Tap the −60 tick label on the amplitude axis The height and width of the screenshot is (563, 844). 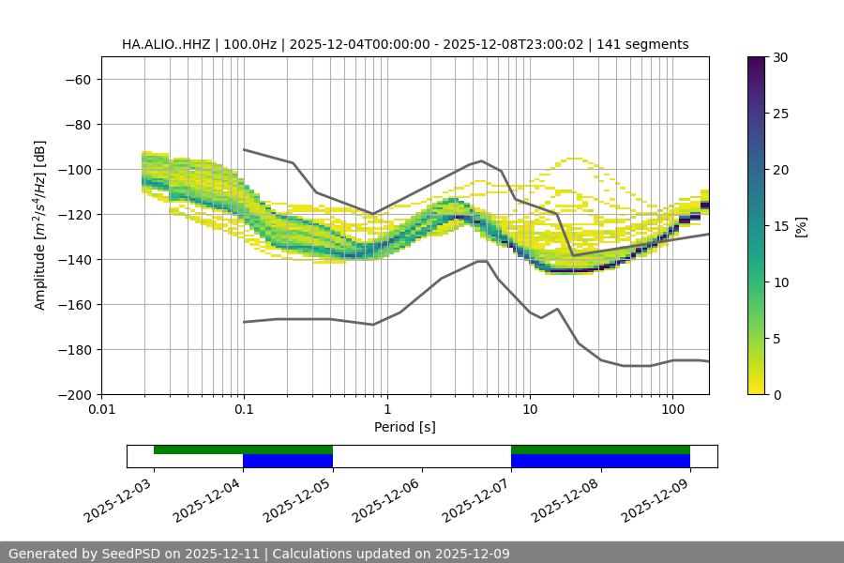[76, 79]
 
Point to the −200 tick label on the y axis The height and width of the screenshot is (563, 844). [72, 394]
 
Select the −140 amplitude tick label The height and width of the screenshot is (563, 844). [72, 259]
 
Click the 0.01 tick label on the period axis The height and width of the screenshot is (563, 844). [101, 409]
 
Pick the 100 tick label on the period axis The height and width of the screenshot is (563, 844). [671, 409]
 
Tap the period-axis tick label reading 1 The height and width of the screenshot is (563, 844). [386, 409]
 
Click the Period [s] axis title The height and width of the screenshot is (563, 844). [404, 427]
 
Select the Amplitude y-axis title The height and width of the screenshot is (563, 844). [40, 225]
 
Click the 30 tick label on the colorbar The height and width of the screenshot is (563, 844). [777, 57]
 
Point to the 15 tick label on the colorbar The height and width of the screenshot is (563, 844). [777, 226]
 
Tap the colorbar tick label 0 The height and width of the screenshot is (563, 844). [774, 394]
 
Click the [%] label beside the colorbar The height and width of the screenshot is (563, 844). [801, 226]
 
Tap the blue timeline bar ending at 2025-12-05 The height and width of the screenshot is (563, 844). [287, 461]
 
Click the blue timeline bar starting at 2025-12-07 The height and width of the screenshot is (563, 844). [600, 461]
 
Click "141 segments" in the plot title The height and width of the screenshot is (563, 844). [647, 44]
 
